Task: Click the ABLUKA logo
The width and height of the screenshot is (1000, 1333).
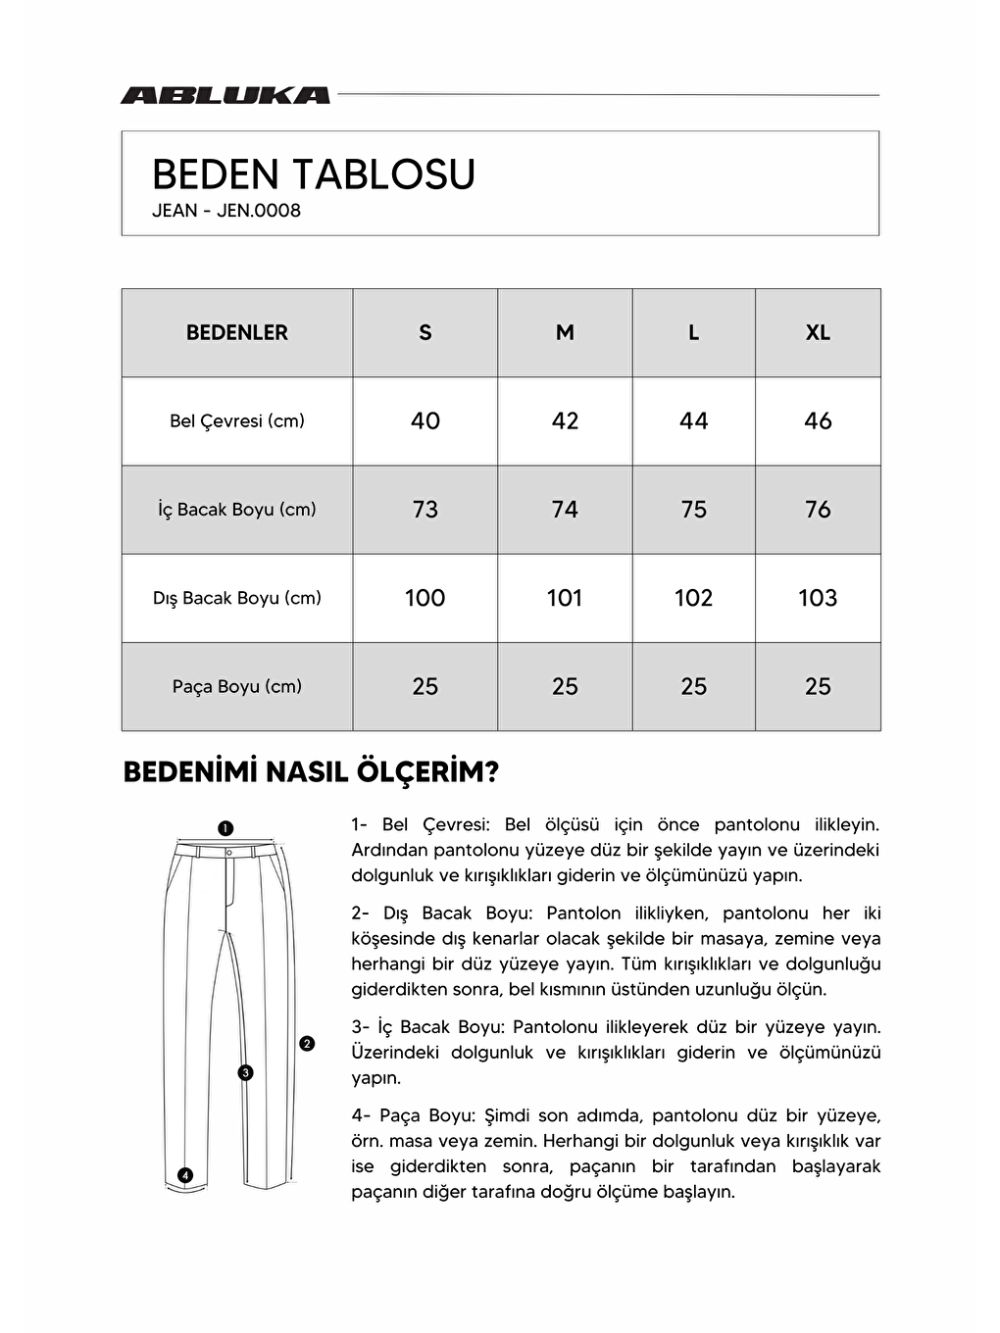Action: point(225,95)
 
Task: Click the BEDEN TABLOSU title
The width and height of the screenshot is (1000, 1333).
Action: point(314,174)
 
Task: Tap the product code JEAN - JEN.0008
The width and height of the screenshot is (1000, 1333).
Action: point(226,211)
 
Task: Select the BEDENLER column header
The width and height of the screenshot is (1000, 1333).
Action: point(237,333)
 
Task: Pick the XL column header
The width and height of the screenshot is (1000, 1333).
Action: point(818,333)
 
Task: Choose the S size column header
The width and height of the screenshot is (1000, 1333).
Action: point(425,333)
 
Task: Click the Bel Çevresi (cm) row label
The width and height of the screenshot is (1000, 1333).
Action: point(237,421)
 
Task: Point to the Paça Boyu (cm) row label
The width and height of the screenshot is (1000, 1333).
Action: point(237,687)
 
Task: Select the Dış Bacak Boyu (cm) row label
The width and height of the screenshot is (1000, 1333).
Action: point(237,598)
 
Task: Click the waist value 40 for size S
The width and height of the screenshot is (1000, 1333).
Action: point(425,421)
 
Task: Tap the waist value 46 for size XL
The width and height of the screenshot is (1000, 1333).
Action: point(818,421)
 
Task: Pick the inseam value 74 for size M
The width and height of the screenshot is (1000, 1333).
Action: point(565,510)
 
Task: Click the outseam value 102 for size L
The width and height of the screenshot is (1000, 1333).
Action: point(693,598)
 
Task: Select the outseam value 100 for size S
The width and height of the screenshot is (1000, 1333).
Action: point(425,598)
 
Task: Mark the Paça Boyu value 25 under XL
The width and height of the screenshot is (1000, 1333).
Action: point(818,687)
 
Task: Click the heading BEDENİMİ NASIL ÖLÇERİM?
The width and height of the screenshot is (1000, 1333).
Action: point(311,772)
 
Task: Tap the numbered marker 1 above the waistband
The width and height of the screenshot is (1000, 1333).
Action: point(225,828)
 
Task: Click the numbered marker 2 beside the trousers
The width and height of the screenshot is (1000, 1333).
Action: point(307,1044)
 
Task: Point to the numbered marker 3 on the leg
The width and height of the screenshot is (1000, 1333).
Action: point(245,1073)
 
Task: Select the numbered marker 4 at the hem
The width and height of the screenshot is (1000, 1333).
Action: point(185,1175)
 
